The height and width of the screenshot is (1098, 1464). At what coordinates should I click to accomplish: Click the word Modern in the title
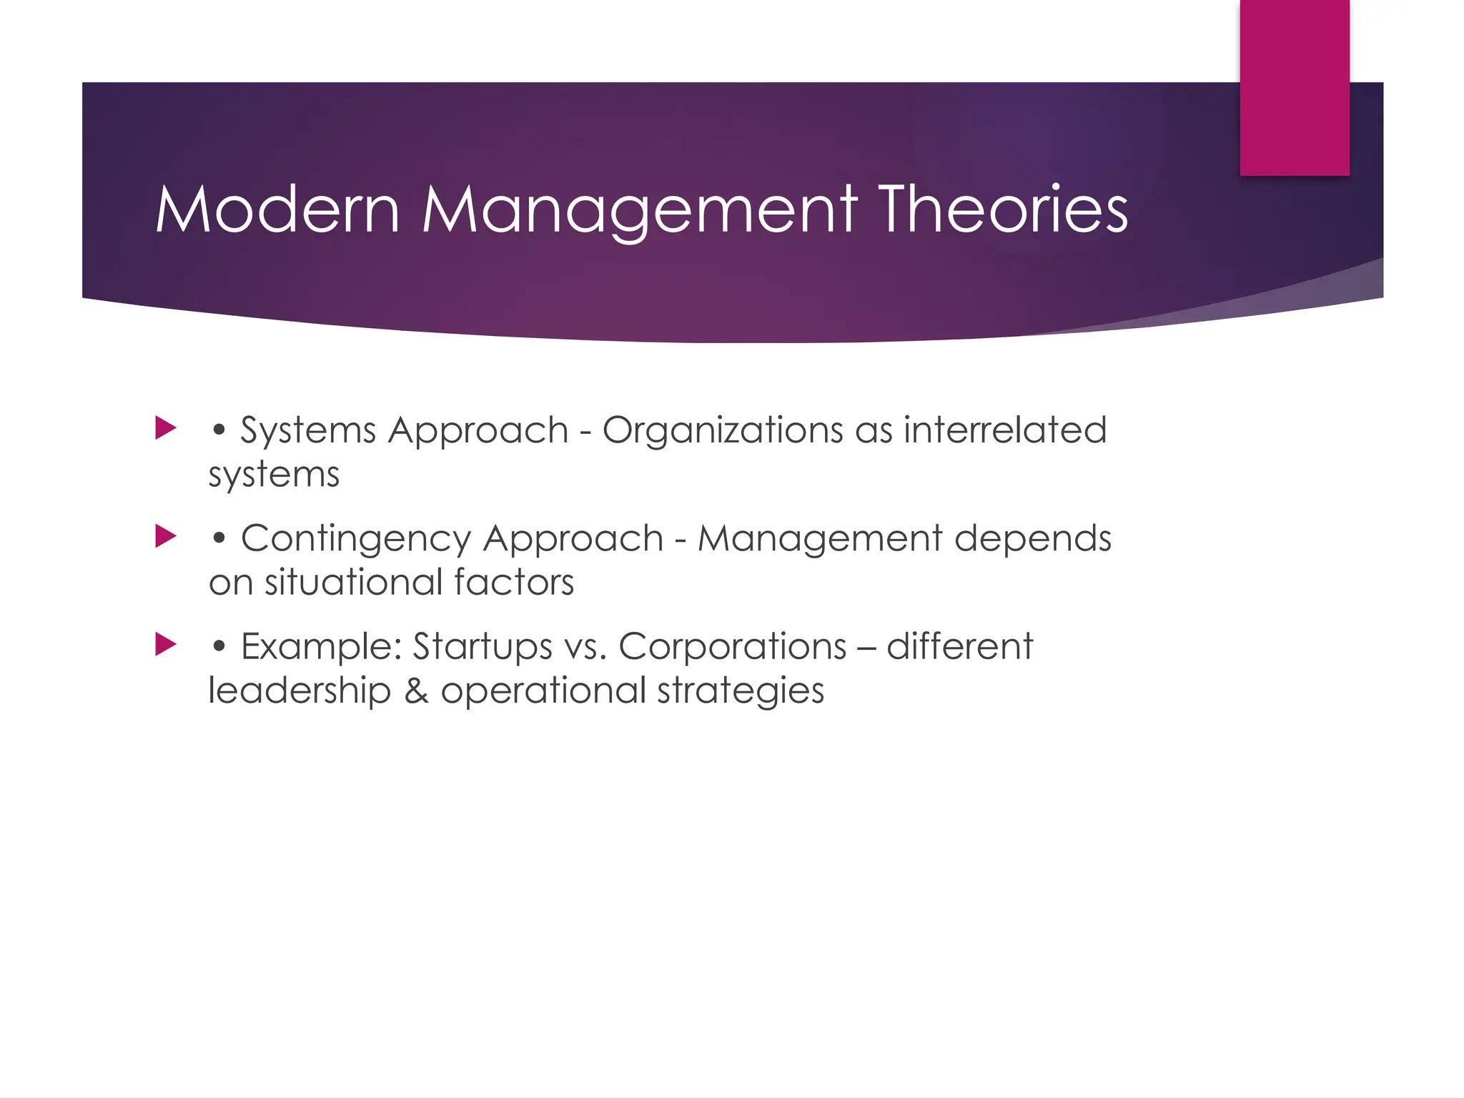(277, 209)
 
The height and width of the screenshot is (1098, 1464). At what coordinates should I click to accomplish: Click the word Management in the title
(639, 209)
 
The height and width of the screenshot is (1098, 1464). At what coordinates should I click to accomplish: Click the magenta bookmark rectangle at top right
(1294, 87)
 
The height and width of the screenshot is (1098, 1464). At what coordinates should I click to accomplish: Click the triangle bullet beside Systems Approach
(166, 429)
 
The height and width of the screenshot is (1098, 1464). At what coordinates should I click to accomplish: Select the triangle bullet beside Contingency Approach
(166, 537)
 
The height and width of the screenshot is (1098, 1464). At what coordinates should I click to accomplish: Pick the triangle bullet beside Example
(166, 645)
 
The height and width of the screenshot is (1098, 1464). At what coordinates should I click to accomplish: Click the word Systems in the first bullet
(308, 431)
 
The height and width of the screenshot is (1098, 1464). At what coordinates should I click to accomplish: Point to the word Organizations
(722, 431)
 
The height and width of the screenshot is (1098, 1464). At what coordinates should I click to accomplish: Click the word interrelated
(1004, 430)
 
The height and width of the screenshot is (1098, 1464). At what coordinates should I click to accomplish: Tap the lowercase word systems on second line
(274, 475)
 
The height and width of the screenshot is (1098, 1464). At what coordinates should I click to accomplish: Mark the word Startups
(483, 648)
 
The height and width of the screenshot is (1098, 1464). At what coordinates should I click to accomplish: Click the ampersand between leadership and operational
(416, 691)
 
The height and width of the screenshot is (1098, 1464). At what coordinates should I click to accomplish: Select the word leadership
(300, 691)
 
